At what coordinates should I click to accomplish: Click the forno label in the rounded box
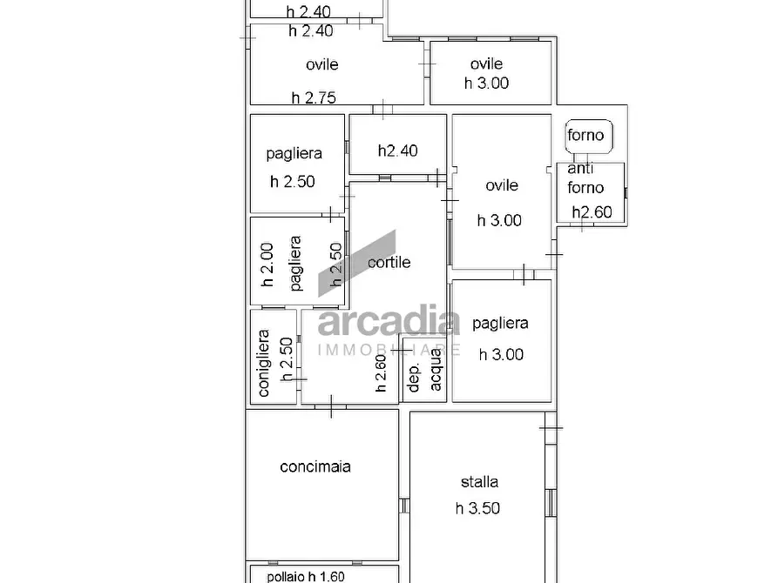(585, 135)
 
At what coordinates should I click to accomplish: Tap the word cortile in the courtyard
(389, 262)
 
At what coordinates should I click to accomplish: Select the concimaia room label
(315, 466)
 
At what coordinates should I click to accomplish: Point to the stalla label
(479, 482)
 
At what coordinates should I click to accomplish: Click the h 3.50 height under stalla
(477, 508)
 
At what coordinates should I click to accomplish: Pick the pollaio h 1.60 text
(305, 577)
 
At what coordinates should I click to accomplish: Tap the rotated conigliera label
(263, 364)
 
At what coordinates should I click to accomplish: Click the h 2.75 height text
(314, 97)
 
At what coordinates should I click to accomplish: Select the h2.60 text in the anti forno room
(592, 212)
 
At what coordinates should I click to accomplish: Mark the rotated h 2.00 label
(267, 265)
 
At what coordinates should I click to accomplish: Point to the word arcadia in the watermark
(389, 320)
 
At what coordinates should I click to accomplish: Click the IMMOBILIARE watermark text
(389, 350)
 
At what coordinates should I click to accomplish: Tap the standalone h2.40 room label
(397, 151)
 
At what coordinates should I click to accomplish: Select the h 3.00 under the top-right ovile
(486, 84)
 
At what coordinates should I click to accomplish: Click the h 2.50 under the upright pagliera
(292, 182)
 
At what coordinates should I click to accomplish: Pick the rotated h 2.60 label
(381, 373)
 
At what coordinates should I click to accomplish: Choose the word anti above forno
(580, 169)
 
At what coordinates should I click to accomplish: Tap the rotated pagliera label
(295, 264)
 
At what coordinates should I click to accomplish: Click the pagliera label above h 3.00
(500, 324)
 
